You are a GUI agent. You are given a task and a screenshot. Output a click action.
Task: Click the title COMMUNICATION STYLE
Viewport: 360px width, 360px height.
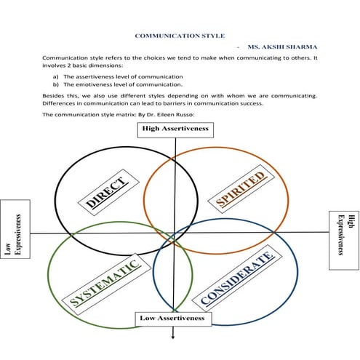pos(180,35)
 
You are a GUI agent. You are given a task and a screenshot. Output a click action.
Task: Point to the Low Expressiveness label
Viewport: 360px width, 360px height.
pos(15,235)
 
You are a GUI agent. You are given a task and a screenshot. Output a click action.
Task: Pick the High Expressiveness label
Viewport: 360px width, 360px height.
pos(345,235)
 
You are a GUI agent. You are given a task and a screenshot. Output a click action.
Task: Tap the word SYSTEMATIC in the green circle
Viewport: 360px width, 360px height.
pos(105,283)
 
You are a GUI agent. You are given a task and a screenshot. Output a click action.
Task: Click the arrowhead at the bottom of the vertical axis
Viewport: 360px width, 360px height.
pos(173,335)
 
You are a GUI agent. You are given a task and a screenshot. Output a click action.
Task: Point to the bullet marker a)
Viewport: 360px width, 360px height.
pos(57,76)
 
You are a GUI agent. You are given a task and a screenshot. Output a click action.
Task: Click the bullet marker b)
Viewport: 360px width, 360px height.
pos(57,84)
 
